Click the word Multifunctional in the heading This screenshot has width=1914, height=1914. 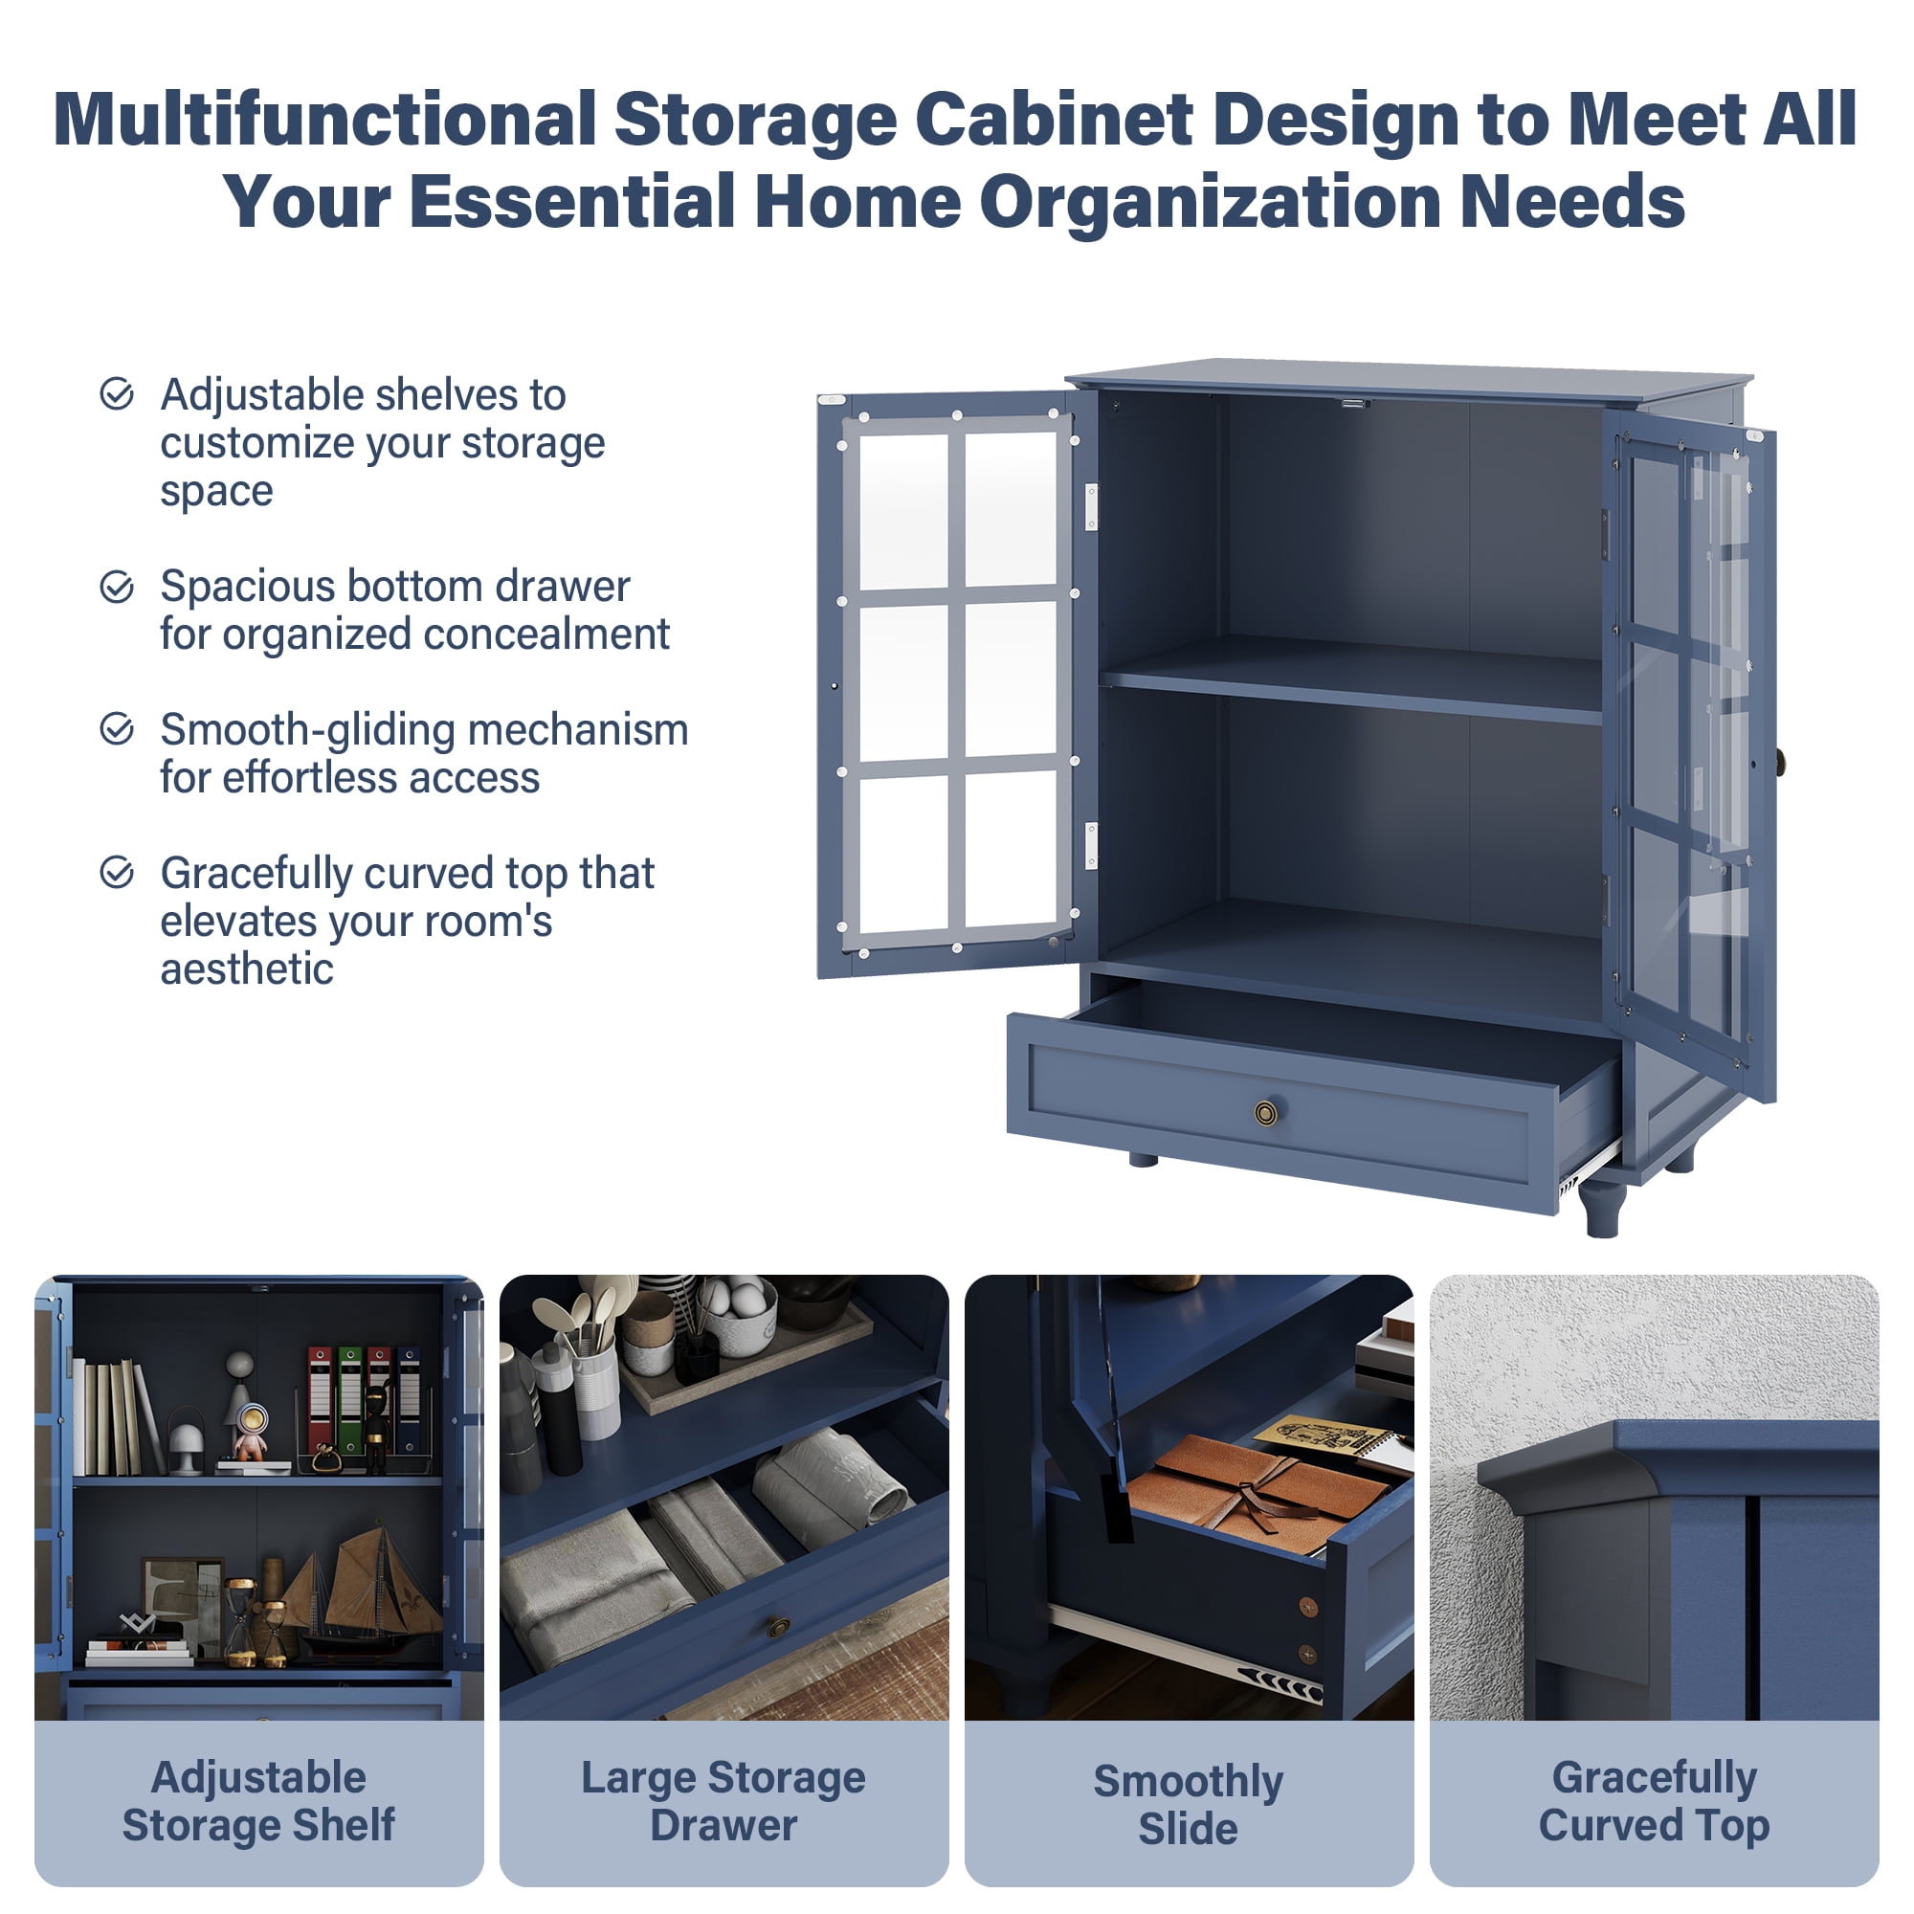(x=325, y=120)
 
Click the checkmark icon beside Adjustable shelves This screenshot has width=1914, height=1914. (x=117, y=393)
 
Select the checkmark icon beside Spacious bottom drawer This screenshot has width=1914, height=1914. (x=117, y=587)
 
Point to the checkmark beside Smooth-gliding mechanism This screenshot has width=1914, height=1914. (x=117, y=729)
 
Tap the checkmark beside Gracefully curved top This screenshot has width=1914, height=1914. (x=117, y=873)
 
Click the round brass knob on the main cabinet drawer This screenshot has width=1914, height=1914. (x=1265, y=1113)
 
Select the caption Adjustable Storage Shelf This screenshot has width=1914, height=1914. (x=258, y=1801)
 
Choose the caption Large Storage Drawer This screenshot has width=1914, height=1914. (x=723, y=1801)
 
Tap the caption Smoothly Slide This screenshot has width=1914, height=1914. (x=1188, y=1804)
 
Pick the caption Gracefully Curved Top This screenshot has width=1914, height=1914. (x=1654, y=1801)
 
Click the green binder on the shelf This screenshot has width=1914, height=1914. (x=349, y=1398)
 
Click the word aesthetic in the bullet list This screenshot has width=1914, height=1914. (x=247, y=968)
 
